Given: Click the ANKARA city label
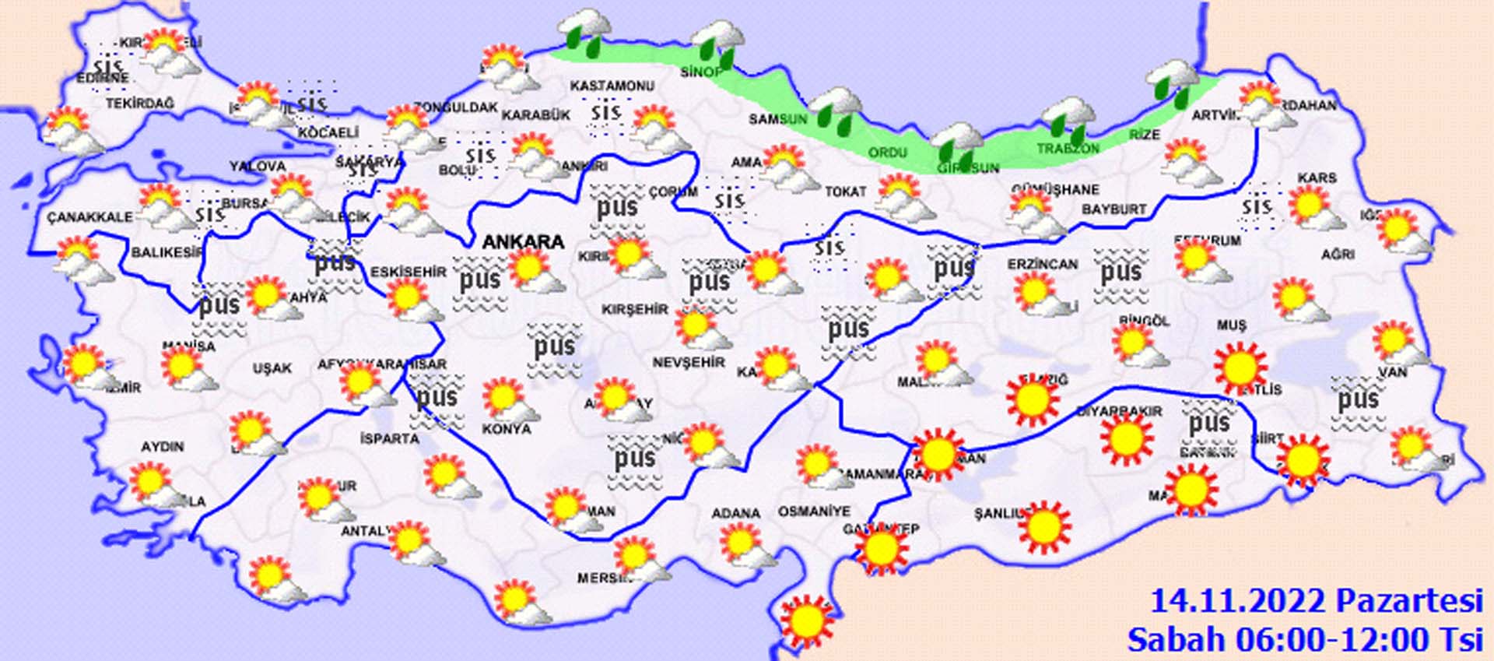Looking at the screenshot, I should [x=523, y=242].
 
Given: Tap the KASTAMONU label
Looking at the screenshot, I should [x=612, y=86].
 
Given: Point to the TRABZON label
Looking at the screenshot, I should [x=1068, y=148].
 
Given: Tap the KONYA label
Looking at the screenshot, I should [x=507, y=429].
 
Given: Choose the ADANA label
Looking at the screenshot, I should [x=735, y=513].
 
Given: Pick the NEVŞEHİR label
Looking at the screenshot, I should [x=689, y=363].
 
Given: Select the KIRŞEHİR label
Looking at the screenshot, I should [x=635, y=309].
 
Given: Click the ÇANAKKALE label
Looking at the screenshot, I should [x=90, y=217].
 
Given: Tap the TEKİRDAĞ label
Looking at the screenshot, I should [x=140, y=104].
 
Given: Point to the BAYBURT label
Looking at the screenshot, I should [x=1113, y=209].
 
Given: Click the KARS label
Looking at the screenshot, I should [x=1317, y=178].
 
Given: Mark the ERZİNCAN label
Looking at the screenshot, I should [x=1043, y=265].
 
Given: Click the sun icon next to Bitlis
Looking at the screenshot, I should [x=1240, y=367].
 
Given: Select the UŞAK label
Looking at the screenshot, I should [x=272, y=367].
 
